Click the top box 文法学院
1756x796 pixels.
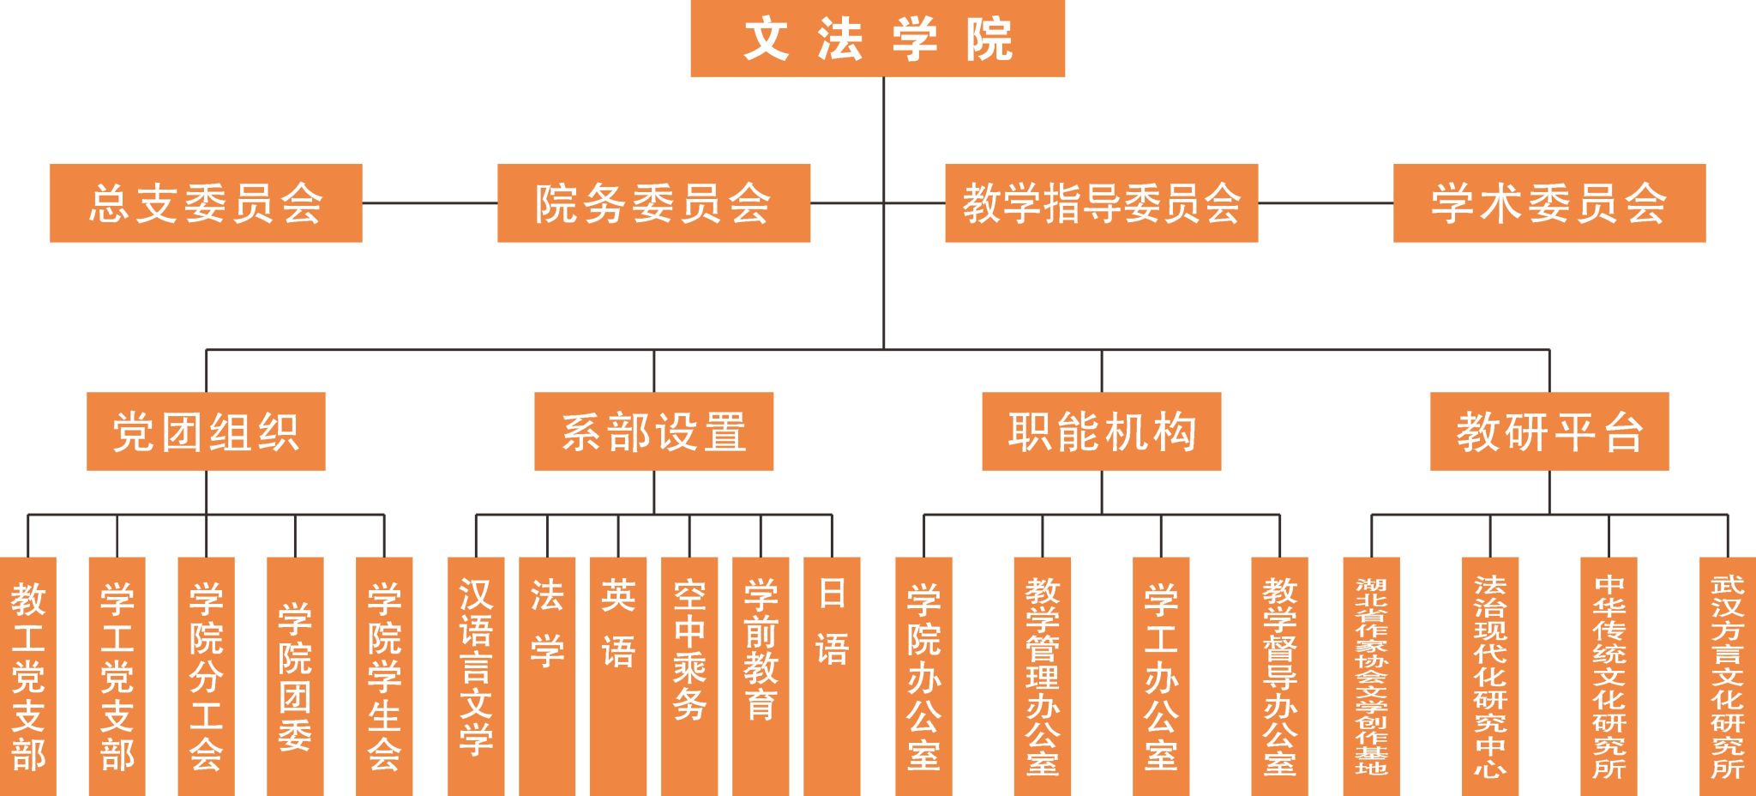(877, 39)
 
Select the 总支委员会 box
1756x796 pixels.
(206, 203)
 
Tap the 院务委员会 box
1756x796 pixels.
(653, 203)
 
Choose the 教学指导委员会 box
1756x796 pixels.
(1101, 203)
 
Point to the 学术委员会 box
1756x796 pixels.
(1549, 203)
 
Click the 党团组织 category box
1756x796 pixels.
(206, 431)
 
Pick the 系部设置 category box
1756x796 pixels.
(653, 431)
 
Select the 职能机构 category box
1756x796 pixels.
(1102, 431)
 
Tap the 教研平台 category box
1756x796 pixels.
(1549, 431)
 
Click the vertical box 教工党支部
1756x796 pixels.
(28, 677)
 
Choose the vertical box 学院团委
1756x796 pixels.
(295, 677)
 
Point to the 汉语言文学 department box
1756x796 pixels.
(476, 677)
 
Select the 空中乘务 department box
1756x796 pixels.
(689, 677)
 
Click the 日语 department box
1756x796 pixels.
(832, 677)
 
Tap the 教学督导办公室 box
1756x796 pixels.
(1279, 677)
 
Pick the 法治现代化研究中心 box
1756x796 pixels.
(1490, 677)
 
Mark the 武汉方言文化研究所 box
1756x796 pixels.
(1728, 677)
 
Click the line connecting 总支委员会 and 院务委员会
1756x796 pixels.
(430, 203)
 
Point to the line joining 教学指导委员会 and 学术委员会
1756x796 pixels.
(1326, 203)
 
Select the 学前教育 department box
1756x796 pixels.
(761, 677)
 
